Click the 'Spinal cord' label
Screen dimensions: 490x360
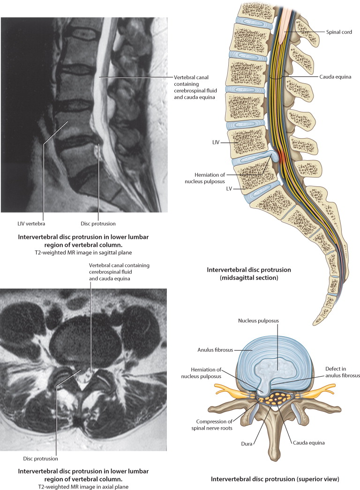click(339, 32)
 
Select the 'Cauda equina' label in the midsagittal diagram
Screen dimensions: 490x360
click(335, 76)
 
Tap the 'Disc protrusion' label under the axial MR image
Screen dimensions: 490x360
click(40, 458)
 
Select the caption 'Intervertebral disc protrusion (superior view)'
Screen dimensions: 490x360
click(275, 479)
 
